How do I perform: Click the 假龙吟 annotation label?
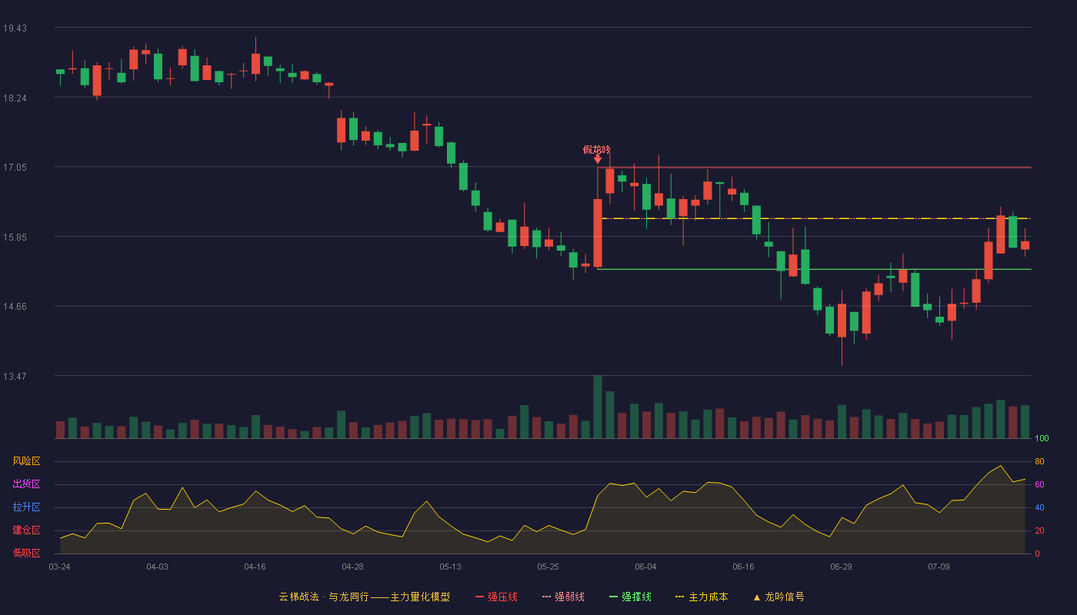tap(597, 149)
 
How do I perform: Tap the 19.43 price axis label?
tap(15, 28)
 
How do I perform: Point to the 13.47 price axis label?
tap(15, 376)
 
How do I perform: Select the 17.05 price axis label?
tap(15, 168)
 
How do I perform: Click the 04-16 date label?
tap(255, 567)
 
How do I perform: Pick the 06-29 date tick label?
tap(841, 567)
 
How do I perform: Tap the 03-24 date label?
tap(60, 567)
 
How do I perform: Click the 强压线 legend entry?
tap(496, 597)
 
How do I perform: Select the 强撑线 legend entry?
tap(630, 597)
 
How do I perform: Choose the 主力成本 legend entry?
tap(702, 597)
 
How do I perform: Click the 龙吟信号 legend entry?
tap(779, 597)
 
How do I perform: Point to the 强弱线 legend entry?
tap(563, 597)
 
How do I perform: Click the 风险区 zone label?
tap(26, 461)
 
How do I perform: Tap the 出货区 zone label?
tap(26, 484)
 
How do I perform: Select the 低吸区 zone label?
tap(26, 553)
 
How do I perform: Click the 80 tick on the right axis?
tap(1039, 461)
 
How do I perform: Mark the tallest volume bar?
tap(598, 407)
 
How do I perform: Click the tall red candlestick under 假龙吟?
tap(598, 233)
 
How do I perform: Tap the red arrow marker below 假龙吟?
tap(597, 159)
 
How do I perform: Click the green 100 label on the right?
tap(1042, 438)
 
